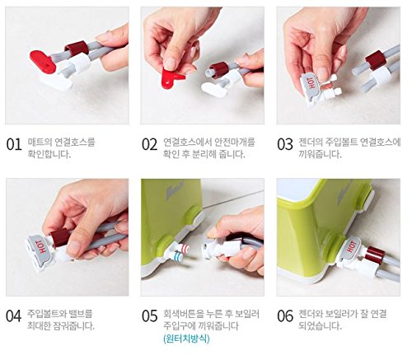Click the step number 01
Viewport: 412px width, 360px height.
[14, 144]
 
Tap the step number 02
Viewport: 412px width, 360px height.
[149, 144]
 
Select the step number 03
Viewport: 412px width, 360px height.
[285, 144]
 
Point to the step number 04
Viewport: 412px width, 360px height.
[14, 316]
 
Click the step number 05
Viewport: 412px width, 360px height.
[149, 316]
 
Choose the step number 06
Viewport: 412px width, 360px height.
[285, 316]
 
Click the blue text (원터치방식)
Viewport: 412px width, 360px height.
[186, 339]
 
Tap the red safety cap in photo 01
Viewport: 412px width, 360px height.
[43, 61]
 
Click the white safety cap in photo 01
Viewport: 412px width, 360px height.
[56, 82]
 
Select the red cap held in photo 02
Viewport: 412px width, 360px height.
[171, 77]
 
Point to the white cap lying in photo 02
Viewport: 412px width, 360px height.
[214, 88]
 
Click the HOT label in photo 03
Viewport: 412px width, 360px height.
[312, 82]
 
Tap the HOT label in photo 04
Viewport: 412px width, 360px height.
[42, 246]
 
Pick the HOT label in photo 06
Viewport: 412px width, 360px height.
[351, 246]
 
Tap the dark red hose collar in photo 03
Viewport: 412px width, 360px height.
[375, 60]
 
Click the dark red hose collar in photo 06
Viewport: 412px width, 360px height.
[375, 255]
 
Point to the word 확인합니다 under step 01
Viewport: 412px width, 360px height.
[49, 154]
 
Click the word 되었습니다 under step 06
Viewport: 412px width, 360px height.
[321, 325]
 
